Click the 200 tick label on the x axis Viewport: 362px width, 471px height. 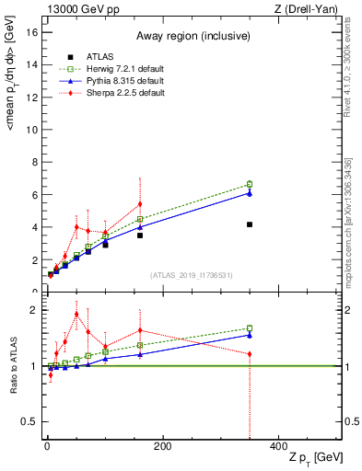pos(162,447)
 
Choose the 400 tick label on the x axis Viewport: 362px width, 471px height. pos(278,447)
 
